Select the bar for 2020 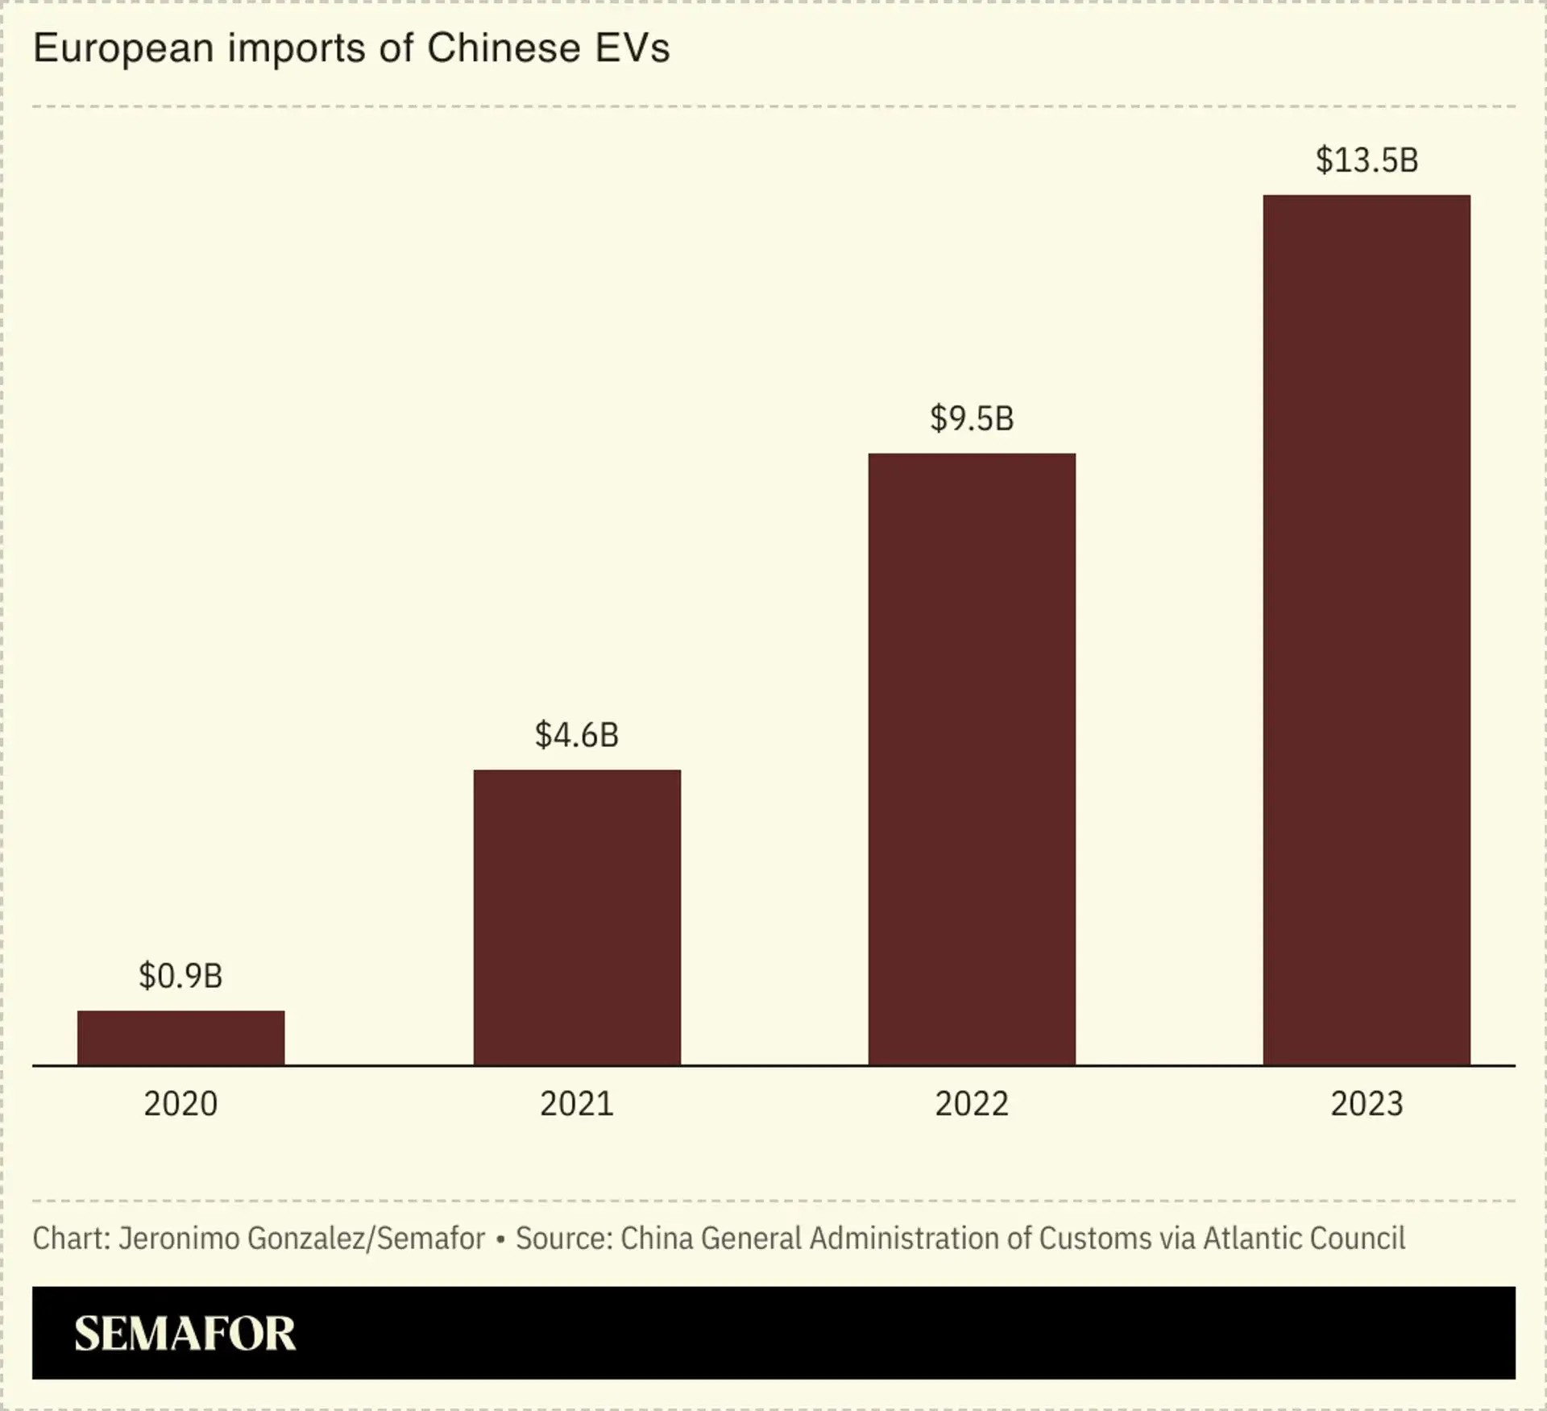[x=180, y=1038]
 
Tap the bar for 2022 [x=972, y=759]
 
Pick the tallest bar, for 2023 [x=1367, y=630]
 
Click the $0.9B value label [x=180, y=976]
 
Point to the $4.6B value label [x=577, y=735]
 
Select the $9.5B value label [x=972, y=418]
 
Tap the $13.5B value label [x=1367, y=160]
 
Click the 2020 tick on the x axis [x=180, y=1103]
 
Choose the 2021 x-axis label [x=577, y=1103]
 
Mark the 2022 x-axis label [x=972, y=1103]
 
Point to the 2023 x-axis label [x=1367, y=1103]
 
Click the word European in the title [x=123, y=49]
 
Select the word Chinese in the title [x=504, y=48]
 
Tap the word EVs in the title [x=632, y=48]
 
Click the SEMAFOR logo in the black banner [x=185, y=1333]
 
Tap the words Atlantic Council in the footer [x=1304, y=1238]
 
